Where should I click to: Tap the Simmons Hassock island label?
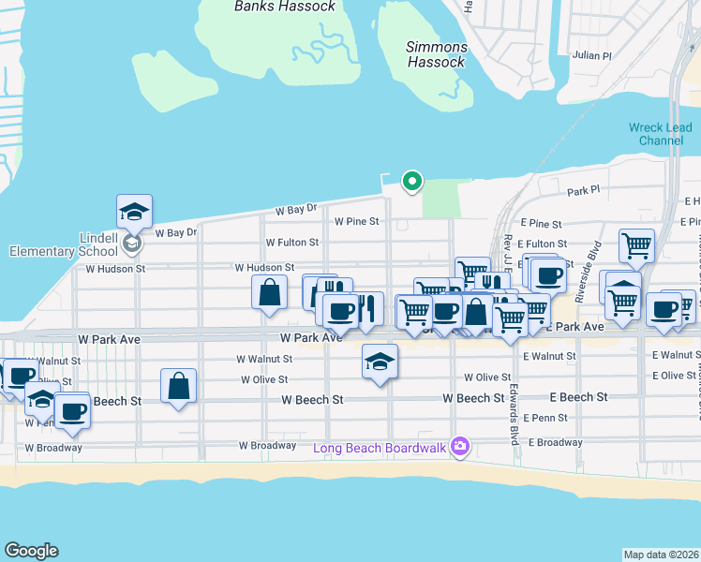(436, 54)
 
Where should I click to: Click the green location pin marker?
(410, 181)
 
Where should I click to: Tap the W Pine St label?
(356, 222)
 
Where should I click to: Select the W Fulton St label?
(291, 243)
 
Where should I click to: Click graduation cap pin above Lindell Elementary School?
(134, 212)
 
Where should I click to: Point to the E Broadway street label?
(559, 442)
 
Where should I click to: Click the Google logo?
(31, 551)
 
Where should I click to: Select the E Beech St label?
(578, 398)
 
